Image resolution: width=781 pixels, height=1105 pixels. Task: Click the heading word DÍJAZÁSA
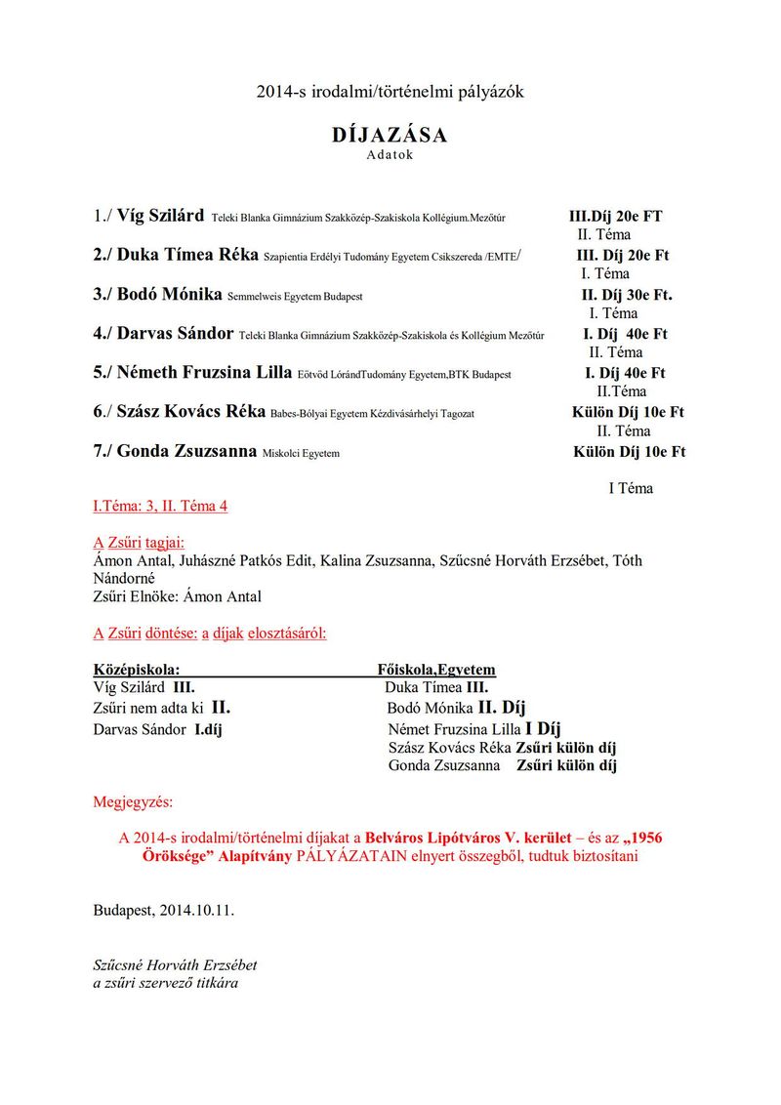pyautogui.click(x=390, y=136)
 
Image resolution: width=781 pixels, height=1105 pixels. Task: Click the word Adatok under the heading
pyautogui.click(x=390, y=154)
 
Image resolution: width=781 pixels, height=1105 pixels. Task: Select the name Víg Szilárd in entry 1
pyautogui.click(x=160, y=216)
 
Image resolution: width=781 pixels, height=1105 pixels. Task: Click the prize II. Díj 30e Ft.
pyautogui.click(x=627, y=294)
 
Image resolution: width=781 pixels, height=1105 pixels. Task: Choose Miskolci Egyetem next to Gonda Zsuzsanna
pyautogui.click(x=301, y=453)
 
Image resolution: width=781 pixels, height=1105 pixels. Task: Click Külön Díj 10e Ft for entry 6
pyautogui.click(x=628, y=412)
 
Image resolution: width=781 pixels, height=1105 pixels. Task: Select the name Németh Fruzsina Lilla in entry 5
pyautogui.click(x=204, y=372)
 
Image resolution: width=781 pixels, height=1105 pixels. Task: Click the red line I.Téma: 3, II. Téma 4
pyautogui.click(x=160, y=507)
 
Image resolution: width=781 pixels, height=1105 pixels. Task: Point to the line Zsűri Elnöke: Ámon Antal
pyautogui.click(x=177, y=596)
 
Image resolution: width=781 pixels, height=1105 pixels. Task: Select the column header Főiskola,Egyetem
pyautogui.click(x=436, y=670)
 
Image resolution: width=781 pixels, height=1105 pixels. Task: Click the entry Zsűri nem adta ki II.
pyautogui.click(x=161, y=709)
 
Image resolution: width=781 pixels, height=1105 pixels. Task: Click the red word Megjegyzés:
pyautogui.click(x=132, y=802)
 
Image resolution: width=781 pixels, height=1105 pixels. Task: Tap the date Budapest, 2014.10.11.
pyautogui.click(x=164, y=910)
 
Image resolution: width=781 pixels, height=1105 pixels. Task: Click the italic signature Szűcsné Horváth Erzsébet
pyautogui.click(x=175, y=964)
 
